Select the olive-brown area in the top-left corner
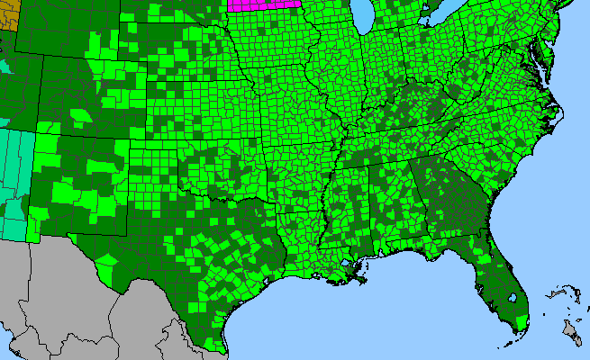[x=8, y=15]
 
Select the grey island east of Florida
[x=571, y=334]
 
